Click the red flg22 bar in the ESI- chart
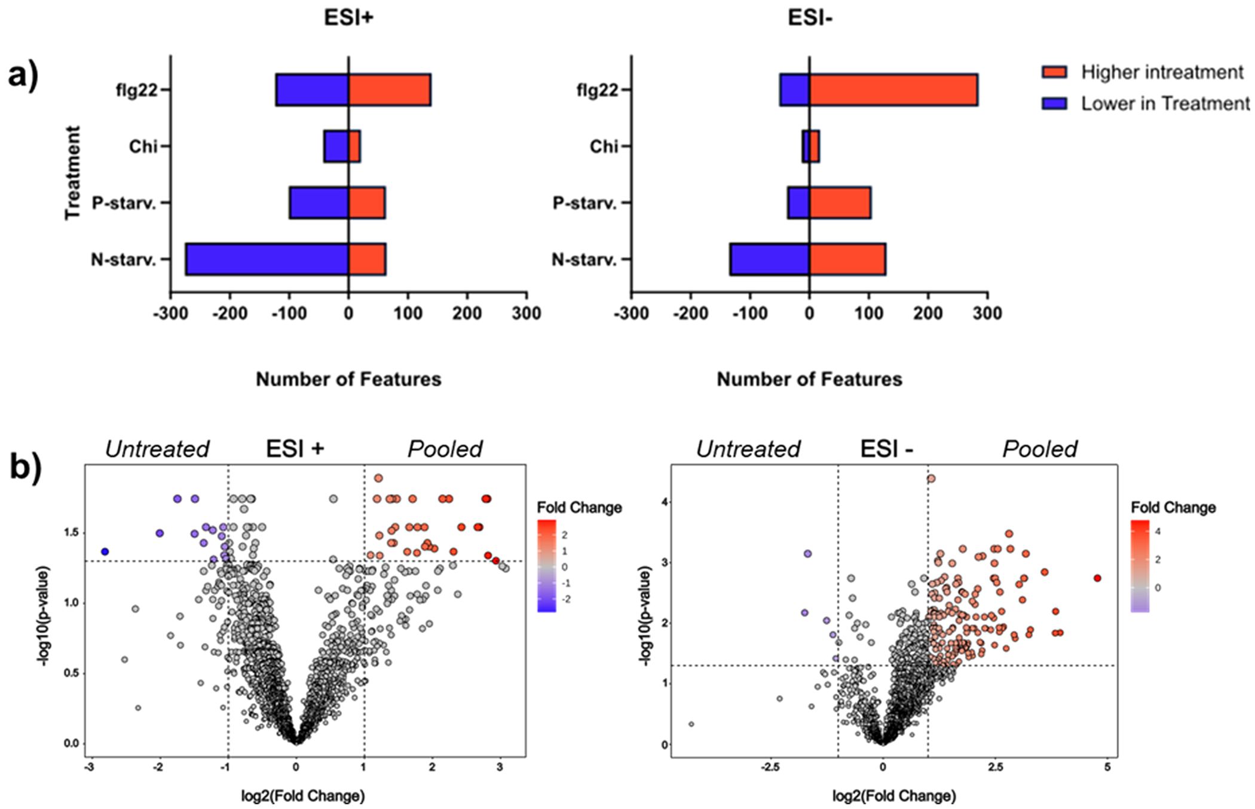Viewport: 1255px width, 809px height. point(893,90)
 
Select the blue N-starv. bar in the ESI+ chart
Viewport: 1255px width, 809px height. point(267,259)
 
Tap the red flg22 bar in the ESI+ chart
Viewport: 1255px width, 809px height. point(389,90)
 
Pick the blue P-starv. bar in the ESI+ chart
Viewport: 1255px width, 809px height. point(319,203)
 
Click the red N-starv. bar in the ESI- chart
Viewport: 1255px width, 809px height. point(847,259)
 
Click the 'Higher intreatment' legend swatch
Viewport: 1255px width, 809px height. point(1054,72)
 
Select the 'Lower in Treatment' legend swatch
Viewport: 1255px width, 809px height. point(1054,103)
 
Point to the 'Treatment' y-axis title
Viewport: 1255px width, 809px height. point(72,173)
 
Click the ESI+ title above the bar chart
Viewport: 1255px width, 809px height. point(348,18)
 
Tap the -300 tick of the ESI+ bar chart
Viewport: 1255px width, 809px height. point(171,313)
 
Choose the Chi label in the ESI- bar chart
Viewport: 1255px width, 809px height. point(604,146)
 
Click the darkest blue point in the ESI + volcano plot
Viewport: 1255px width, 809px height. point(105,551)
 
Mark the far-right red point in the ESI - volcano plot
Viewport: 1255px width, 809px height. point(1097,578)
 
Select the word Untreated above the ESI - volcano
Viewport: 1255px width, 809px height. point(748,449)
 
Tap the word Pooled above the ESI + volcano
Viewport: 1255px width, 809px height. point(445,449)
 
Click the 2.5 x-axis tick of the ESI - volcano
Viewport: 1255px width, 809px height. point(994,768)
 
